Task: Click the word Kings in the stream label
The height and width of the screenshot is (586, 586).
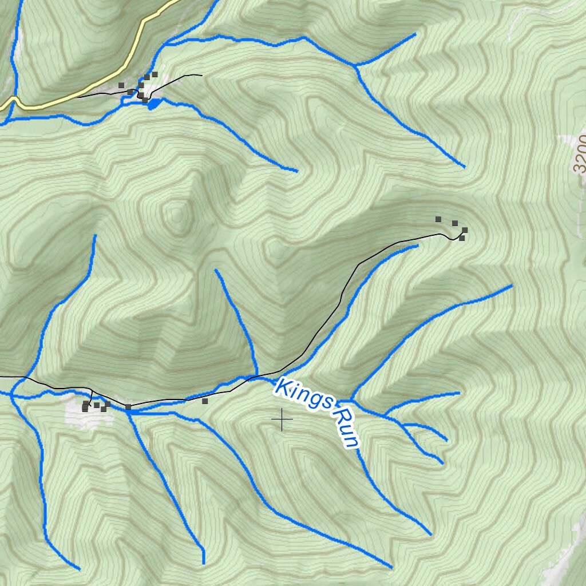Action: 303,394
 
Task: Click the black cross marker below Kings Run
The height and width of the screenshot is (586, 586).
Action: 282,420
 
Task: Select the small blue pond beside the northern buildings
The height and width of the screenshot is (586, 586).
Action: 153,104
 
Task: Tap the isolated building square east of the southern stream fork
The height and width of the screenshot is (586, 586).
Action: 204,401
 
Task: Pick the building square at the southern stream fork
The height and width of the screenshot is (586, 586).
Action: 128,407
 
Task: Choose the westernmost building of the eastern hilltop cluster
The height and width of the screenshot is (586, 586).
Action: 438,219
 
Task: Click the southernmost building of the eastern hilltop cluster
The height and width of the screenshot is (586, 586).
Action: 462,237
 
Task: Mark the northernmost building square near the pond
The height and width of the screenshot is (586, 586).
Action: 155,74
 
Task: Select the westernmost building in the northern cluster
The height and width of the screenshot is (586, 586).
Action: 121,85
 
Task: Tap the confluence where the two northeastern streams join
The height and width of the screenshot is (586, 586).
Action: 355,66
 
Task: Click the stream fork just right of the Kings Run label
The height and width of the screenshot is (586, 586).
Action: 351,399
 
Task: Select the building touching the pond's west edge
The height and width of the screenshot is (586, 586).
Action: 145,100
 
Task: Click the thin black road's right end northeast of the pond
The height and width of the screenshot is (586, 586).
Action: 201,75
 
